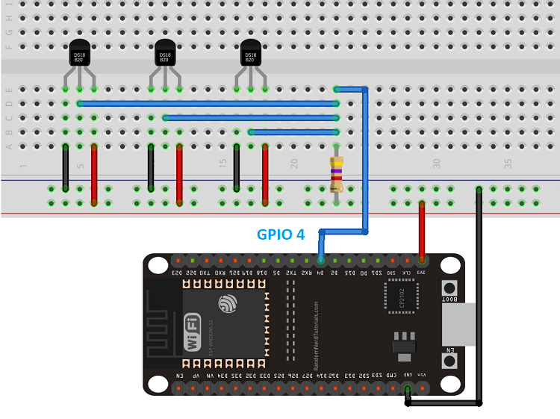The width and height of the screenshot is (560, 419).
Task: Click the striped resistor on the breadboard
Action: click(x=337, y=174)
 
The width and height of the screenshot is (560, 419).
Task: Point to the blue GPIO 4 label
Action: click(x=281, y=235)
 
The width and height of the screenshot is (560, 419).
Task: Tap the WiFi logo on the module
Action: click(x=192, y=333)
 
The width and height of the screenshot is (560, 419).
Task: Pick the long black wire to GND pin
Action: click(x=479, y=299)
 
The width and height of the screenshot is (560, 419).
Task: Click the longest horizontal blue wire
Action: click(x=208, y=104)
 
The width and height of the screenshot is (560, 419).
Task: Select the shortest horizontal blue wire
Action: click(x=293, y=132)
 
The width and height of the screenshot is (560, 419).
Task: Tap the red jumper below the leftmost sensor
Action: click(x=94, y=176)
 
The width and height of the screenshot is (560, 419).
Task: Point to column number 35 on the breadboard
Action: click(x=508, y=162)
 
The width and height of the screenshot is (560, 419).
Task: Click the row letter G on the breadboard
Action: click(x=9, y=33)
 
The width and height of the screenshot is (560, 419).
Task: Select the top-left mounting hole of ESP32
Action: click(x=158, y=265)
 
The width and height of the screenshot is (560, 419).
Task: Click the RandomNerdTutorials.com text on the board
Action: click(x=317, y=336)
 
